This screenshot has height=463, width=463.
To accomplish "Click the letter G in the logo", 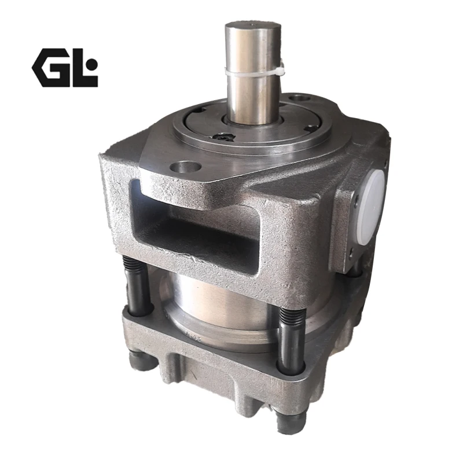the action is [x=50, y=68].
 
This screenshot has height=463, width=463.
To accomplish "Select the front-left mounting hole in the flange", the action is [x=185, y=167].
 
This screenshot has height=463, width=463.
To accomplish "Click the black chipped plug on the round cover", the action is [x=223, y=137].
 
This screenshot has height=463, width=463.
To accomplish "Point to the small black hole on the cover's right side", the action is [x=311, y=128].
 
